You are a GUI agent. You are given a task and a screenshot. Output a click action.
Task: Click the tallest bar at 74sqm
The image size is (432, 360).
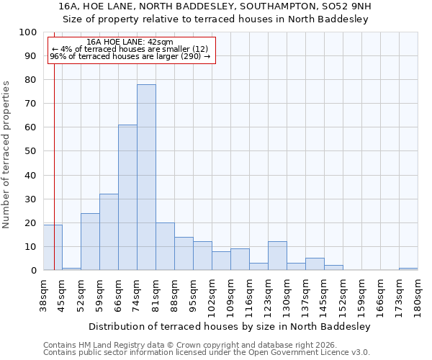click(x=146, y=177)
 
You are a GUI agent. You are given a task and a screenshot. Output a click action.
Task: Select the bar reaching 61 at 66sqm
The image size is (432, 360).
click(x=127, y=197)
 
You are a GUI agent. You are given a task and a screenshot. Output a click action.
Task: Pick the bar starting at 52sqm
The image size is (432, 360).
click(x=90, y=241)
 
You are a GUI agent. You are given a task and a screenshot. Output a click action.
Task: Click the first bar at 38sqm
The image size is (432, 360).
click(x=53, y=248)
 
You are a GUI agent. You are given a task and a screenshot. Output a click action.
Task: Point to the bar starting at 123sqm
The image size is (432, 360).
click(x=277, y=256)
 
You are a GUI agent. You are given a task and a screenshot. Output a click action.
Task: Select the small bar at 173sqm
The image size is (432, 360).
click(x=408, y=269)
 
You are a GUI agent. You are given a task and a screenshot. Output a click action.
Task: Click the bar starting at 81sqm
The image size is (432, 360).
click(x=165, y=246)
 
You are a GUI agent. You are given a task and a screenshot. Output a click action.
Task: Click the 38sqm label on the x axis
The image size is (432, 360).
click(x=43, y=295)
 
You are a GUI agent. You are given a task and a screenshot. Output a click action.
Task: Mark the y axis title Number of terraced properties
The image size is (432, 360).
click(x=7, y=154)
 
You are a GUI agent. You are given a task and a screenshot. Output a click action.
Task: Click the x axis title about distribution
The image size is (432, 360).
click(x=230, y=326)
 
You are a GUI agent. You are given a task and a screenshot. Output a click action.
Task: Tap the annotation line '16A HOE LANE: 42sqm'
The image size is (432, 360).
click(x=129, y=42)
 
